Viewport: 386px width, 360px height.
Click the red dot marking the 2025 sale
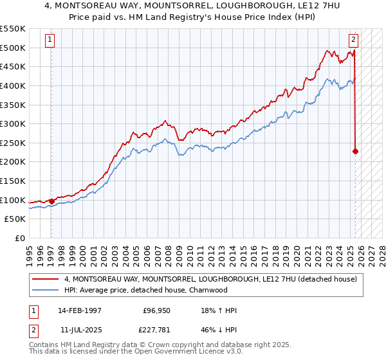click(355, 152)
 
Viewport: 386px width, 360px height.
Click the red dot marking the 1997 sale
click(51, 201)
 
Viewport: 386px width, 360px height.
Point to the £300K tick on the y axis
click(13, 123)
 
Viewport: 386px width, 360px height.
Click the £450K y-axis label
click(13, 66)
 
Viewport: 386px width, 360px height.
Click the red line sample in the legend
click(46, 280)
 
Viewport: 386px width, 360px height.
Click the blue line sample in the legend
click(46, 290)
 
